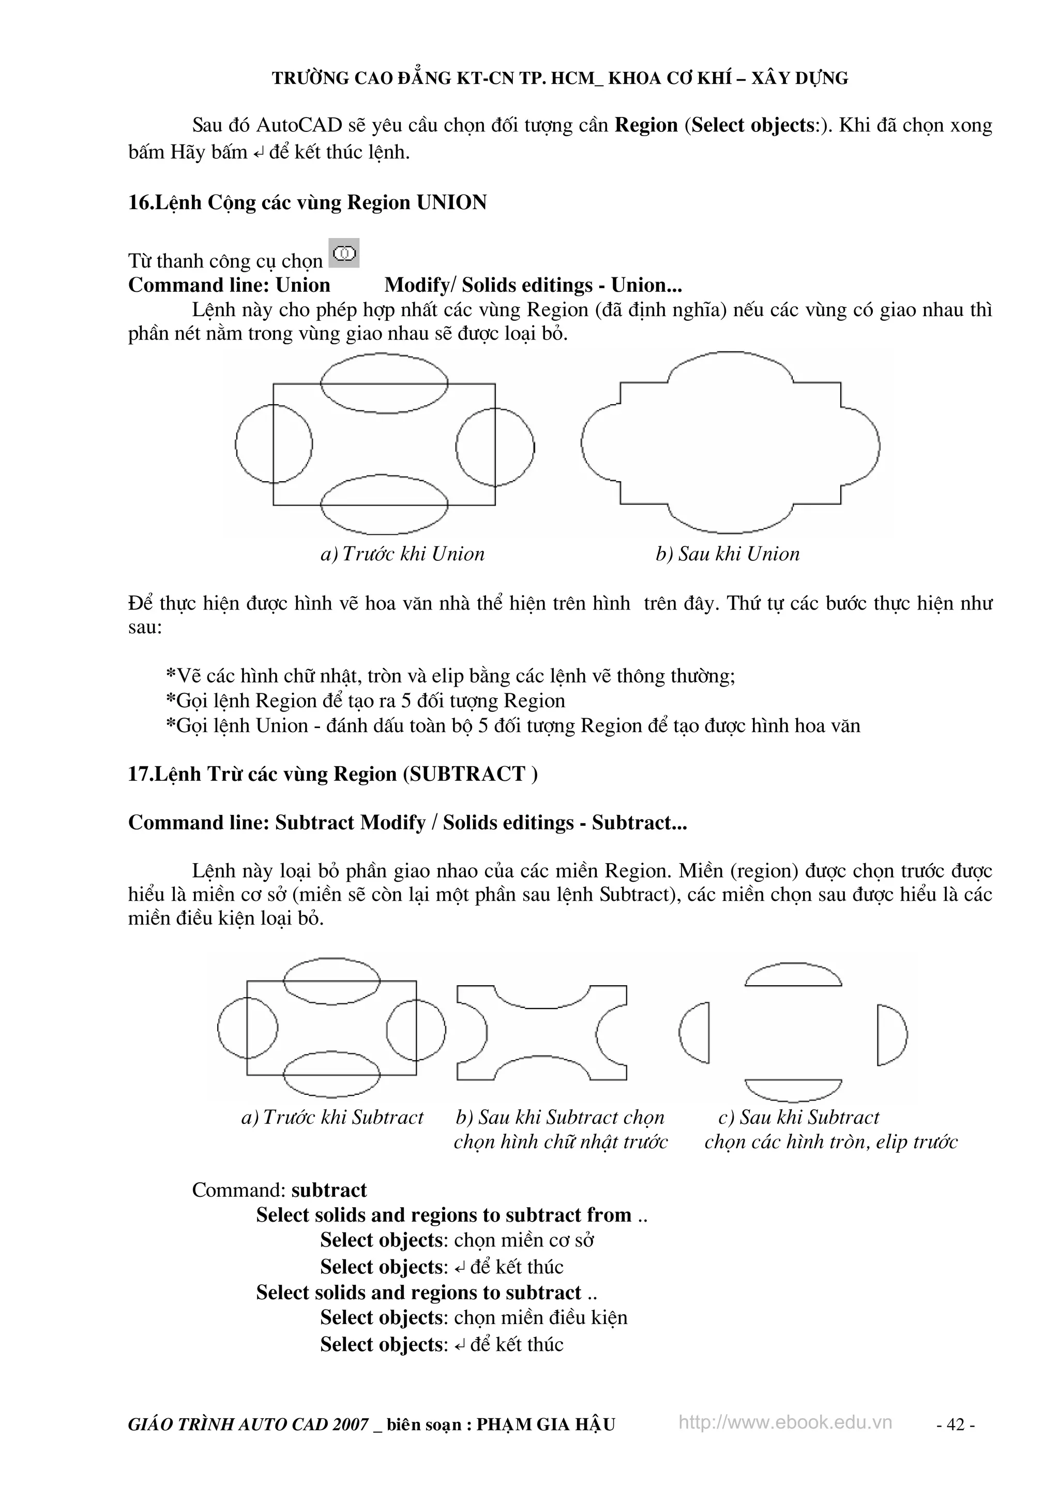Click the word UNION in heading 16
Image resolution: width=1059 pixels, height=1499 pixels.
451,202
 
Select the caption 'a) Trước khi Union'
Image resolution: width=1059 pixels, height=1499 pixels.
403,554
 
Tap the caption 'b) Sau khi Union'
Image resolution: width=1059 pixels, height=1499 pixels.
728,554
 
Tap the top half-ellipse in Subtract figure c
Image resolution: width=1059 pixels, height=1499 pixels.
793,975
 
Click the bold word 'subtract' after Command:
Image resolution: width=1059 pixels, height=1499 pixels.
329,1190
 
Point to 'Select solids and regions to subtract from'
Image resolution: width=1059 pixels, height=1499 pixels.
444,1215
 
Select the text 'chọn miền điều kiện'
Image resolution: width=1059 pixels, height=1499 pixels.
540,1317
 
